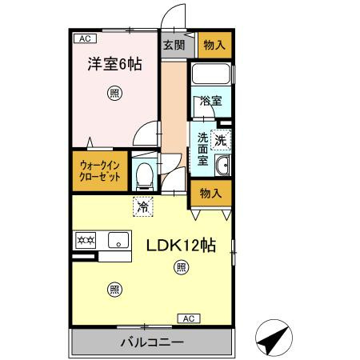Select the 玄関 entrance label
point(174,45)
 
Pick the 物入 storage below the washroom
point(211,194)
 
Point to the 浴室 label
point(211,102)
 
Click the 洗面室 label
point(203,148)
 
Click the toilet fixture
point(145,174)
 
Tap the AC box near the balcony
point(189,318)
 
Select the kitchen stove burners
point(86,239)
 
